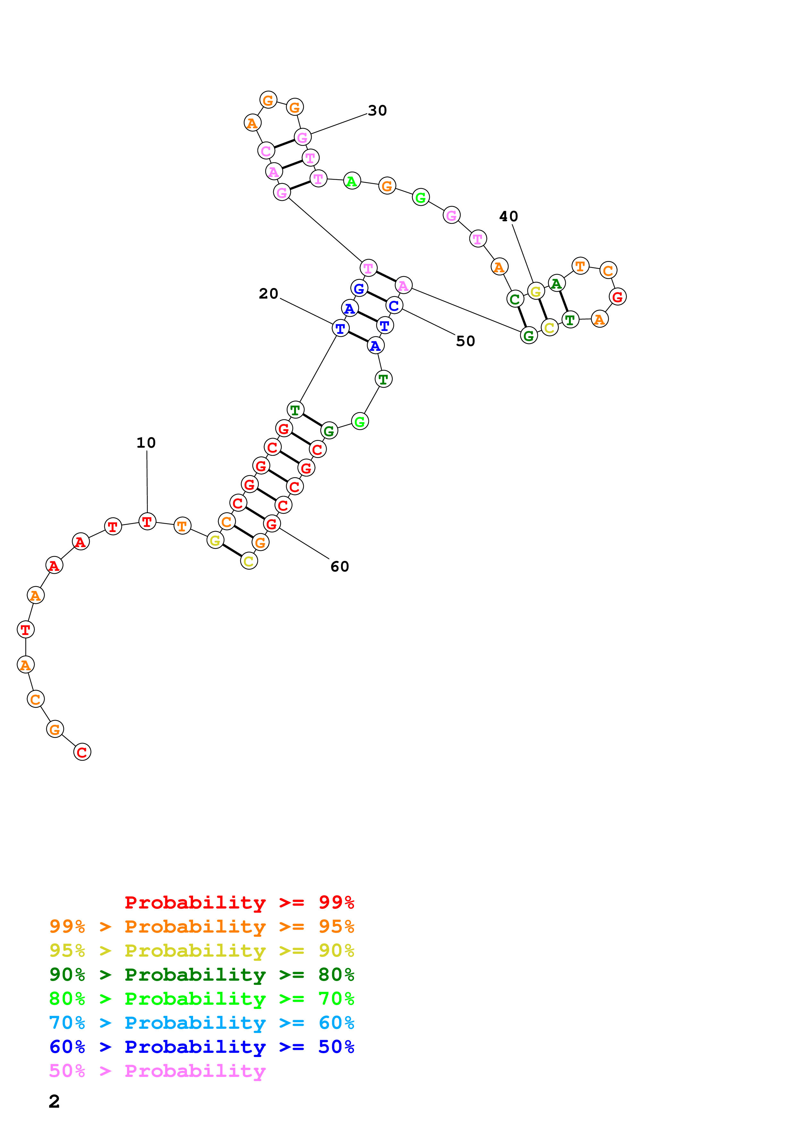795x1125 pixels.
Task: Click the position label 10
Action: (x=146, y=443)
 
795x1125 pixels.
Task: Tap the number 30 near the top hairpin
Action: (x=377, y=111)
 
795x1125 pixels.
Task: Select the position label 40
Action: (x=508, y=216)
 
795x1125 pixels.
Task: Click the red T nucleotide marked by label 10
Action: (x=147, y=521)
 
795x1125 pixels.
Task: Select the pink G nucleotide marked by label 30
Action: (x=303, y=138)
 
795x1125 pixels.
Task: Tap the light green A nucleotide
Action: (x=352, y=181)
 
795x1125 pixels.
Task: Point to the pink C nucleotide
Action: (x=266, y=151)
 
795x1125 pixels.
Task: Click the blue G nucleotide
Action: (x=359, y=289)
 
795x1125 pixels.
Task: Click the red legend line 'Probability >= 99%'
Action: (x=239, y=902)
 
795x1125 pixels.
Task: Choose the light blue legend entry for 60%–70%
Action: (x=201, y=1023)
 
